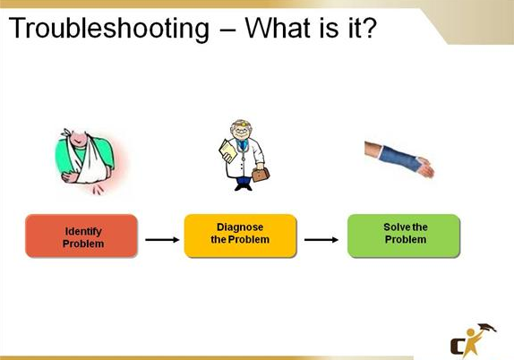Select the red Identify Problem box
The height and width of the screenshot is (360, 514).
pos(82,237)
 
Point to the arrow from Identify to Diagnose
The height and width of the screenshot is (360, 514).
pos(161,239)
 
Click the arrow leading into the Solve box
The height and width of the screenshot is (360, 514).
pos(321,239)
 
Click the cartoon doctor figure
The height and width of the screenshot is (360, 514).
pos(241,152)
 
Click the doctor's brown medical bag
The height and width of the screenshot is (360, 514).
pos(261,174)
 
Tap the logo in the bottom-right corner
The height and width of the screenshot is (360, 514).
pos(470,338)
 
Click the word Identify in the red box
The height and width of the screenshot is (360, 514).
pos(82,231)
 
